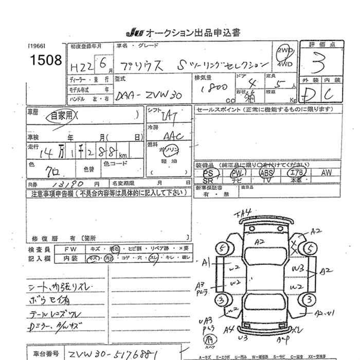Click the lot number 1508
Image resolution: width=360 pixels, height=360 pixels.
[x=46, y=61]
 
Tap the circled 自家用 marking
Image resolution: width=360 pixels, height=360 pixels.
[x=61, y=116]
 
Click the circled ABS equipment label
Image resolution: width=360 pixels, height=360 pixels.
[x=267, y=173]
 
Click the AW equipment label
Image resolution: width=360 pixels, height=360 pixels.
[x=326, y=173]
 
